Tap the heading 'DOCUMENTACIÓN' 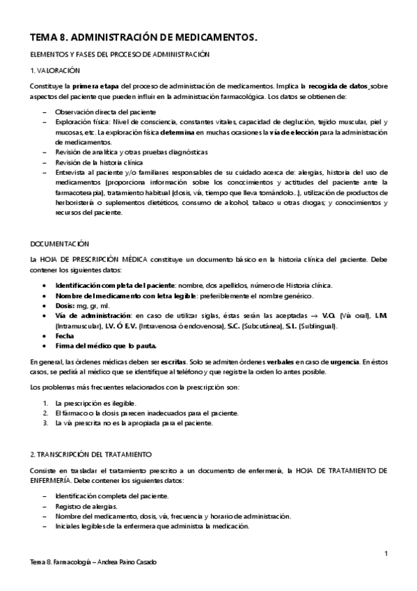[x=60, y=243]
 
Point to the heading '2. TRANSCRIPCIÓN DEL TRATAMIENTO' [x=87, y=453]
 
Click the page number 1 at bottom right [x=385, y=553]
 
